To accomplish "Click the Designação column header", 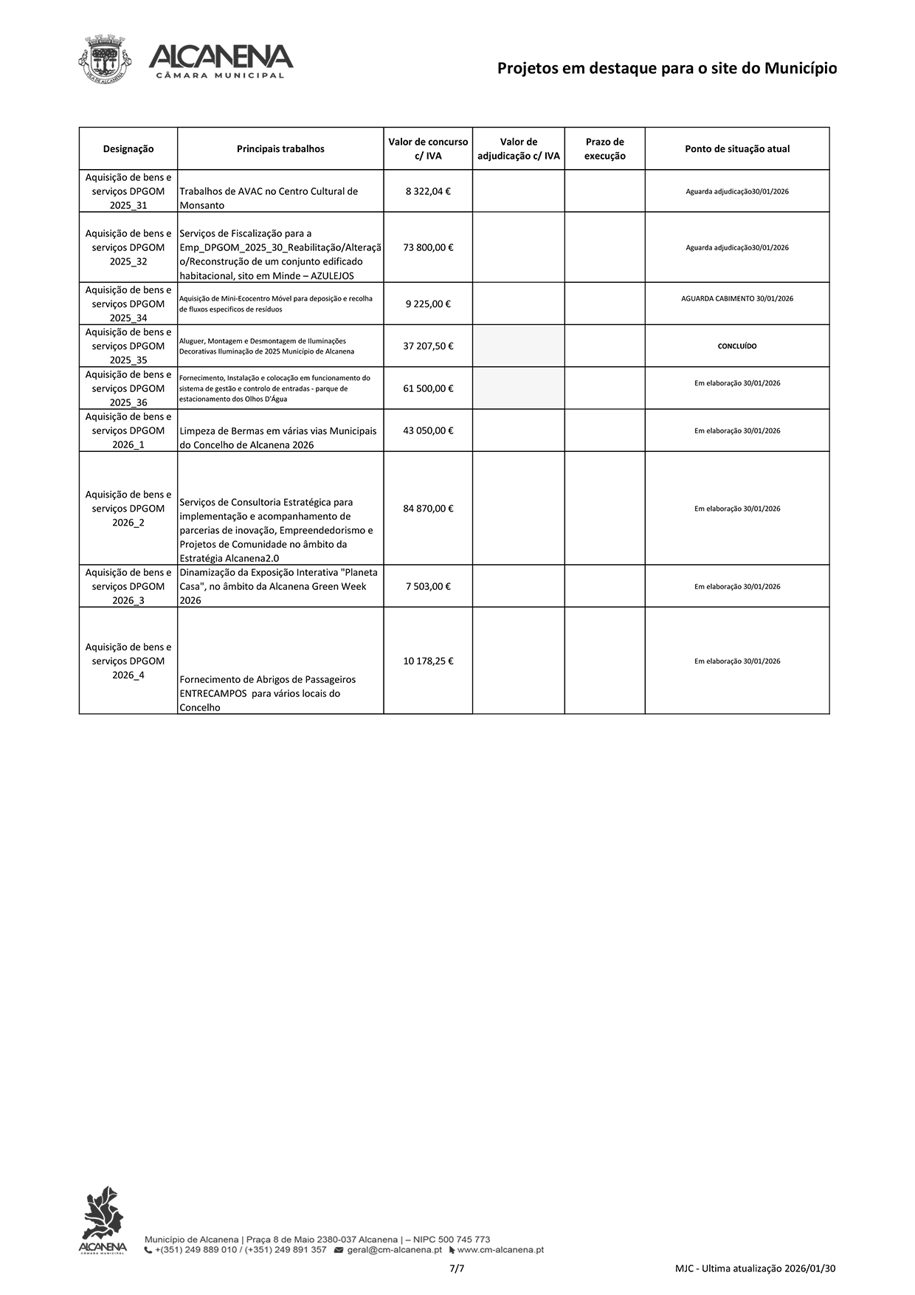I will (128, 149).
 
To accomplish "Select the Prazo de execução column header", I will (604, 149).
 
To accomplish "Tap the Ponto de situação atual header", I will (737, 149).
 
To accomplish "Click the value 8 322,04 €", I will (428, 191).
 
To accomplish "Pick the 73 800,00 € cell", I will (428, 247).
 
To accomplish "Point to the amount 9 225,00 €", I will (428, 303).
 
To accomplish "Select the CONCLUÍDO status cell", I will (737, 346).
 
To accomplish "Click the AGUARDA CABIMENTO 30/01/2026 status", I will (737, 299).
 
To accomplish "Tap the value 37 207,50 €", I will (428, 346).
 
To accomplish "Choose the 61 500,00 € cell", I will (428, 388).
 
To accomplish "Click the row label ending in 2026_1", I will (128, 430).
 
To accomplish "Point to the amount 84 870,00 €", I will (428, 509).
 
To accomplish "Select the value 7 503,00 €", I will (428, 586).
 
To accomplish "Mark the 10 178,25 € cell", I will (428, 662).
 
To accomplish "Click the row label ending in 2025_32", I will (128, 247).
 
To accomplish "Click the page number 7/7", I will (457, 1268).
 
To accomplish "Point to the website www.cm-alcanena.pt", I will (500, 1250).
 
